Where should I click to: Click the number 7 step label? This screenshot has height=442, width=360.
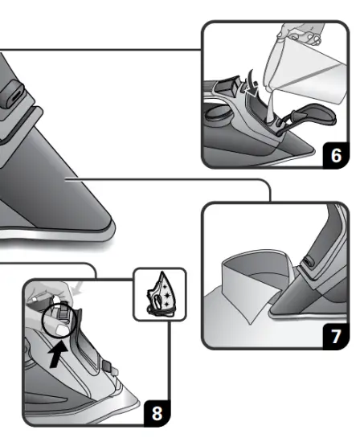click(x=337, y=336)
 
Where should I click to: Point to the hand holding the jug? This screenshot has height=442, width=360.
click(x=301, y=33)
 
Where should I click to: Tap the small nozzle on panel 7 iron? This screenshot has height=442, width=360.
click(x=307, y=260)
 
